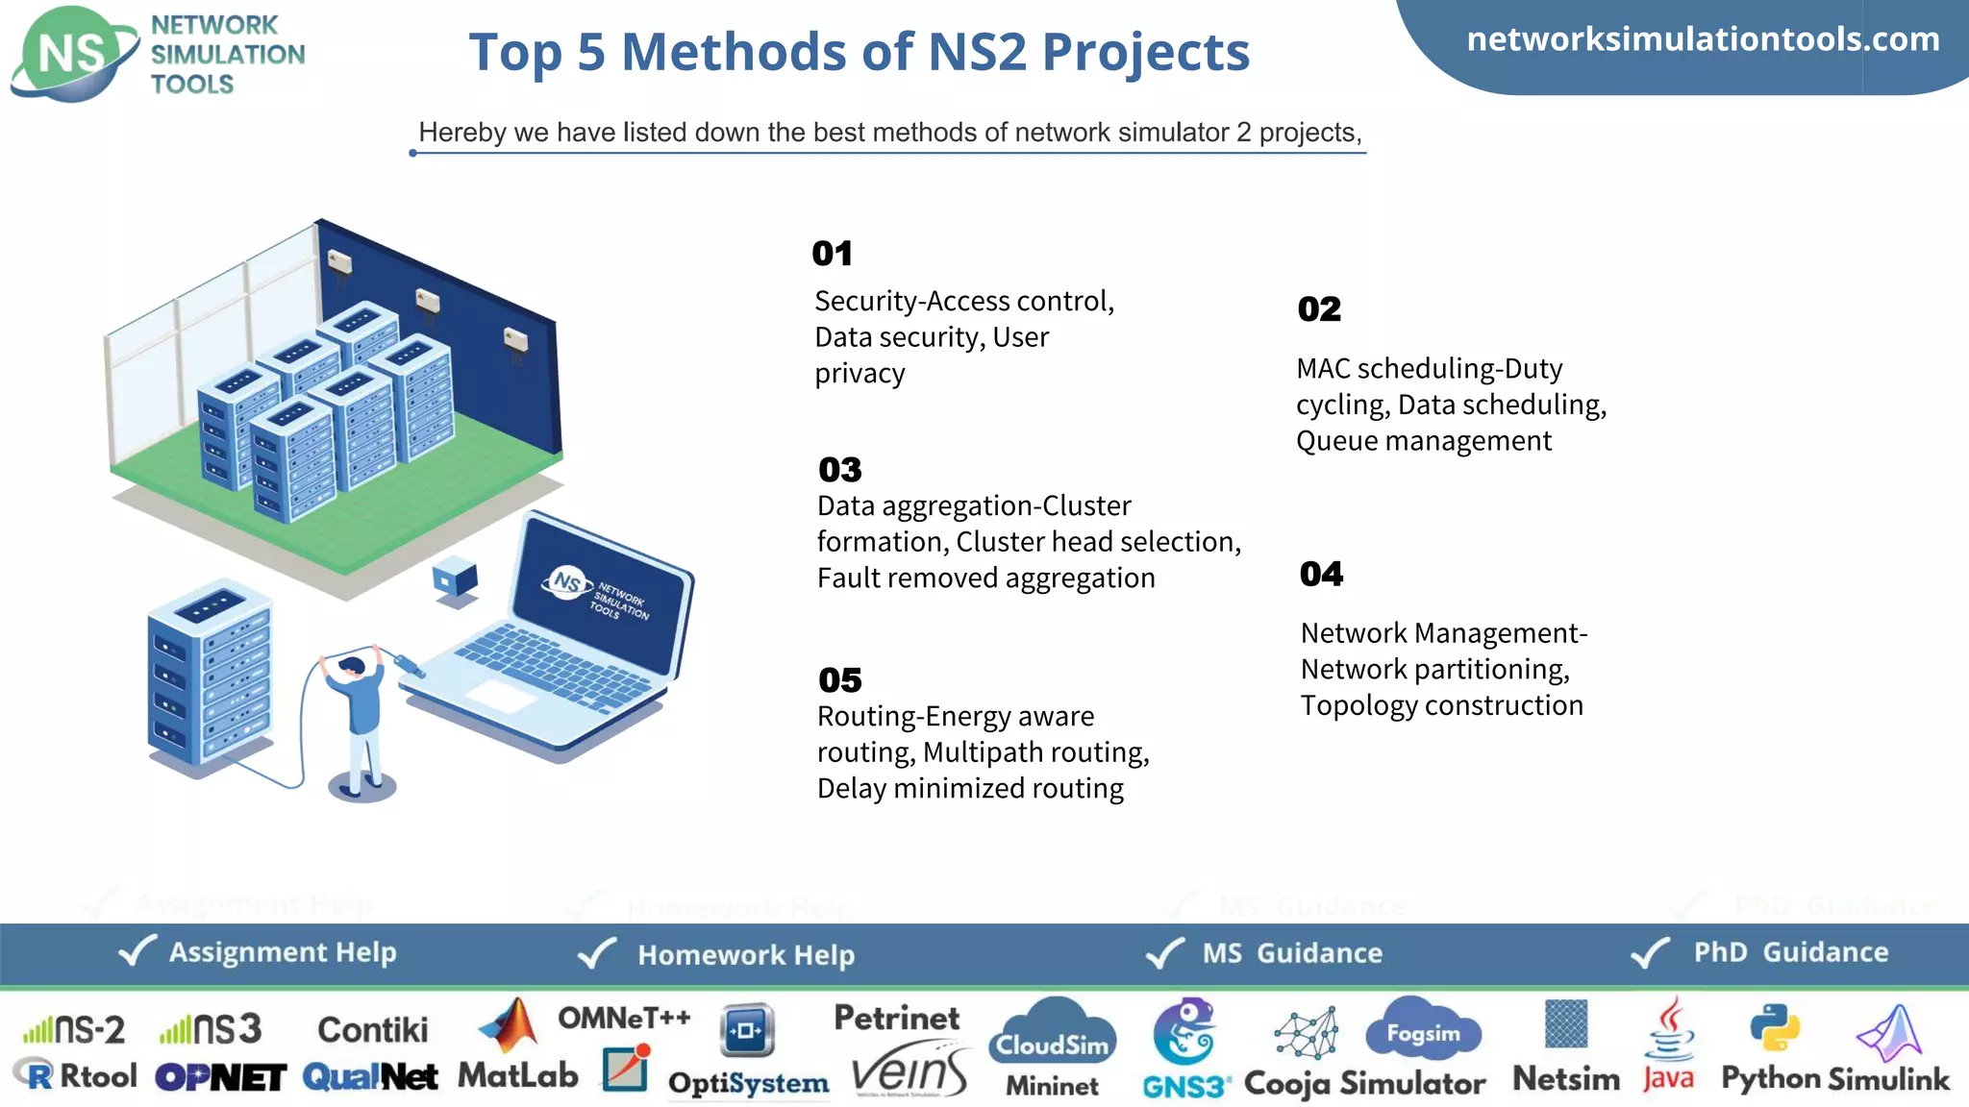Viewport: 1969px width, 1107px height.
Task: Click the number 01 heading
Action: tap(832, 254)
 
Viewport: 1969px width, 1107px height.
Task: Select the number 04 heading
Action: tap(1321, 574)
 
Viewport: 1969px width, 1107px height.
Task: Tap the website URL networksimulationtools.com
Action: tap(1703, 39)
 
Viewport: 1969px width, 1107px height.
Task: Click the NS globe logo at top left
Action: tap(72, 54)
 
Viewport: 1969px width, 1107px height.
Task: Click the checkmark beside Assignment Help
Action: tap(137, 951)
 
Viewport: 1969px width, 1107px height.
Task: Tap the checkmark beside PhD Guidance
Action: tap(1651, 952)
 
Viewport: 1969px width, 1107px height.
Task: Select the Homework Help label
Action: tap(746, 955)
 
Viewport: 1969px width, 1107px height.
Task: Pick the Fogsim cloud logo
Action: tap(1423, 1029)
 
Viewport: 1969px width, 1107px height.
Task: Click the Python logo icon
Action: tap(1774, 1028)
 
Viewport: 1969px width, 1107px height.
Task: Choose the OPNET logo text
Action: tap(220, 1078)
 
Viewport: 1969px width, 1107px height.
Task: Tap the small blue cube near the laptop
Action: tap(455, 579)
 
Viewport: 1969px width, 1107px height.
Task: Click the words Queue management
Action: tap(1423, 441)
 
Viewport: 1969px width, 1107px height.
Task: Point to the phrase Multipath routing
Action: tap(1034, 752)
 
